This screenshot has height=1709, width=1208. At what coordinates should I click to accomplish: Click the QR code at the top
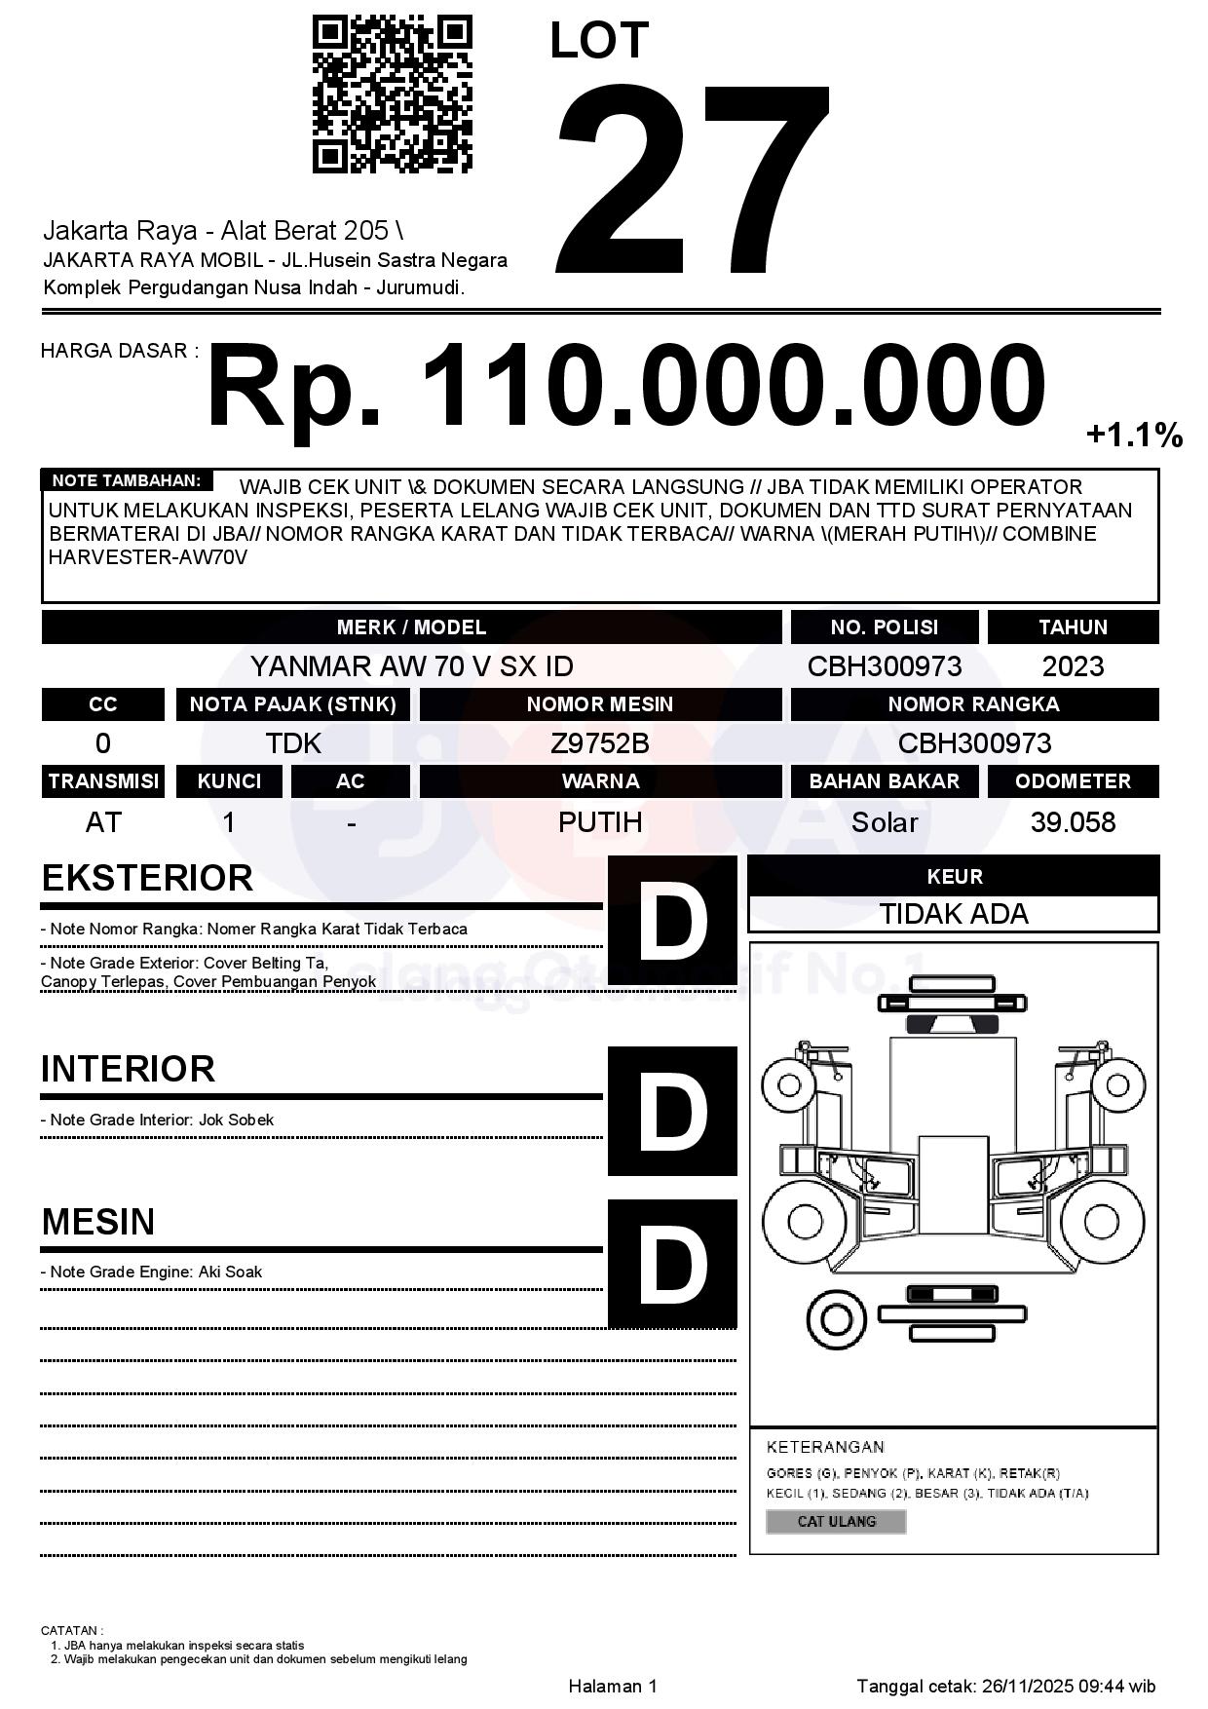pos(392,94)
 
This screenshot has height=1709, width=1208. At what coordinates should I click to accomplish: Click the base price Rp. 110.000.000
pos(625,386)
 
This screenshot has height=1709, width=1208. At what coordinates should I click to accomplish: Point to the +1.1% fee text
pos(1134,435)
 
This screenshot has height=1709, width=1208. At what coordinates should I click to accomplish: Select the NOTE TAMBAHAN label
pos(127,480)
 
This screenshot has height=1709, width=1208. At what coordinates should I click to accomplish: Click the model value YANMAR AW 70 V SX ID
pos(411,666)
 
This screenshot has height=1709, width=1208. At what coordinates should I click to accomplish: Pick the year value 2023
pos(1073,666)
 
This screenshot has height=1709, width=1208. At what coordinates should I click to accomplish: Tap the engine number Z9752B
pos(600,743)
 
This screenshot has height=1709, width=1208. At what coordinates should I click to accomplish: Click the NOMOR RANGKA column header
pos(973,704)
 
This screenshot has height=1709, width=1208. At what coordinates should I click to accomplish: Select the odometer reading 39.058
pos(1073,822)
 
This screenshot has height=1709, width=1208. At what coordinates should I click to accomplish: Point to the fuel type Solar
pos(884,822)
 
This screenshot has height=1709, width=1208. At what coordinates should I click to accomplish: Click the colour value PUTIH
pos(600,822)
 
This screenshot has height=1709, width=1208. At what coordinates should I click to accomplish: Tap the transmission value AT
pos(103,822)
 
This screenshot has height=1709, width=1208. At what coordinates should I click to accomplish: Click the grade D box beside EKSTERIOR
pos(672,920)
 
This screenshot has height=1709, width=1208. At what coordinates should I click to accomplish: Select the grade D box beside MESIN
pos(672,1264)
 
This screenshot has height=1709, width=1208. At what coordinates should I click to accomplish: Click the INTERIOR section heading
pos(128,1069)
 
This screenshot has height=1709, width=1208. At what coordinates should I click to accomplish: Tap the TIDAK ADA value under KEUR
pos(954,914)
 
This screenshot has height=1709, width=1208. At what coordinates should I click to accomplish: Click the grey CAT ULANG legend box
pos(836,1521)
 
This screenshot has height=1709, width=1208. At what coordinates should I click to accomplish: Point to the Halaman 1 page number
pos(613,1686)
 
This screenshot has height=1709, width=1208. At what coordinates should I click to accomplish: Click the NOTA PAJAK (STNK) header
pos(292,704)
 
